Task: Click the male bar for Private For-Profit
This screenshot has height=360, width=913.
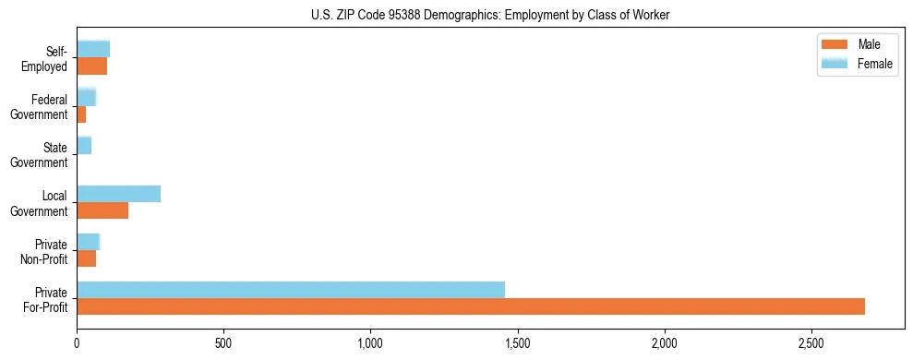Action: click(x=471, y=306)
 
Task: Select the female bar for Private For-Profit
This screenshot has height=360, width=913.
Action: click(x=291, y=290)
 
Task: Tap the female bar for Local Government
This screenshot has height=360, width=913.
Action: click(x=118, y=194)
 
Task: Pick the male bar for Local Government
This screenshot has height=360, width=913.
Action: click(x=102, y=210)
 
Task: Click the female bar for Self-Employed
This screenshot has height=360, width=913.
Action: click(x=93, y=49)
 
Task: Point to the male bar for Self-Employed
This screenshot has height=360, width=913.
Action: click(x=91, y=66)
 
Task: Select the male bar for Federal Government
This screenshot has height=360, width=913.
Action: click(x=81, y=114)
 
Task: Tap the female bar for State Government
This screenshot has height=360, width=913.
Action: click(x=84, y=146)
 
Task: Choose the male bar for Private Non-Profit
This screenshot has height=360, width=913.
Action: click(x=86, y=258)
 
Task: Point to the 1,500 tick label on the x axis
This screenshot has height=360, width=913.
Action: click(x=517, y=342)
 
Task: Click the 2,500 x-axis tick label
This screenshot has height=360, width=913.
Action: click(x=811, y=342)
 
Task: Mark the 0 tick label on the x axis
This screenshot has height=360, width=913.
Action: click(x=77, y=342)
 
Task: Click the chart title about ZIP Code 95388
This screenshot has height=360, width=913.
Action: click(x=490, y=15)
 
